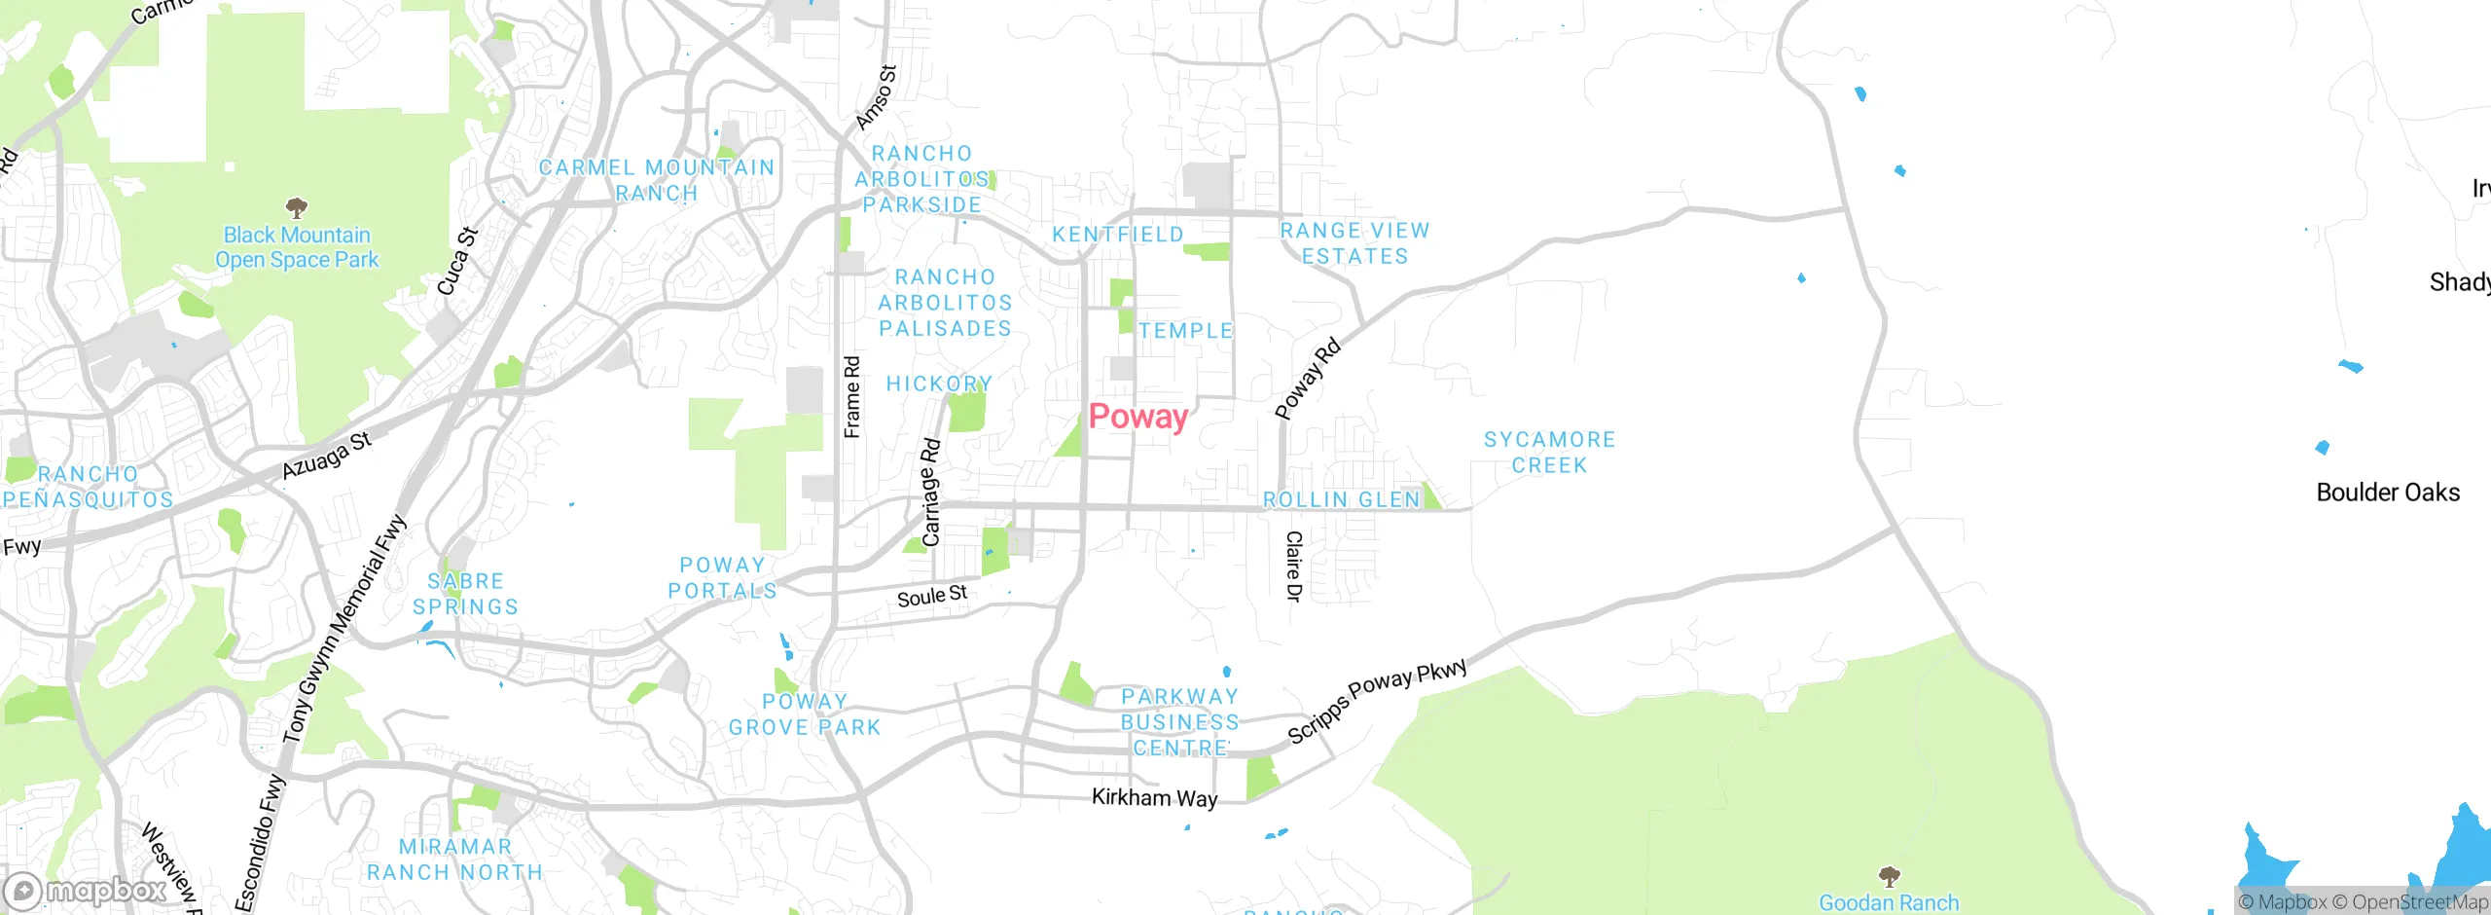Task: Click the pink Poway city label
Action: click(x=1137, y=417)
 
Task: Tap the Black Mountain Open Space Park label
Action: click(x=297, y=247)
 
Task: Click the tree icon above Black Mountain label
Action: click(x=297, y=207)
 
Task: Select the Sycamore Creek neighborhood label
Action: click(x=1549, y=453)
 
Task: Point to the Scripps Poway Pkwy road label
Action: click(x=1377, y=701)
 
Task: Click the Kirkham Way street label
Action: click(x=1154, y=798)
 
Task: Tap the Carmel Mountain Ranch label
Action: click(x=657, y=180)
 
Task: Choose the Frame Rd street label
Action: click(x=852, y=397)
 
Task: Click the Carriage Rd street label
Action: click(x=931, y=493)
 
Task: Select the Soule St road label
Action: click(x=931, y=596)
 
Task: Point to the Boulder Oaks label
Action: click(x=2388, y=493)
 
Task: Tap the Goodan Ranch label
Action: click(x=1888, y=902)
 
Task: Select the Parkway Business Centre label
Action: click(x=1179, y=722)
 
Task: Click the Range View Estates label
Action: click(x=1354, y=243)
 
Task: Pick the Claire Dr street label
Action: click(x=1293, y=567)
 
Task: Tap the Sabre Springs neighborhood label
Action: click(x=465, y=594)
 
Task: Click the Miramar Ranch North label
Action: click(x=454, y=860)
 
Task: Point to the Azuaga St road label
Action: click(x=327, y=456)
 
